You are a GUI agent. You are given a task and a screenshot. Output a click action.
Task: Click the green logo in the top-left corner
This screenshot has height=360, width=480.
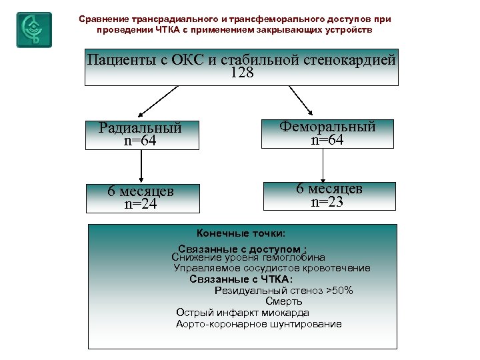pos(33,29)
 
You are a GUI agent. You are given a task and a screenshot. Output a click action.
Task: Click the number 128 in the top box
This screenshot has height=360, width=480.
pos(241,74)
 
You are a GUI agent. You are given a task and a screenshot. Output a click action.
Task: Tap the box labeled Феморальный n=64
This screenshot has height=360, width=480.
pos(327,133)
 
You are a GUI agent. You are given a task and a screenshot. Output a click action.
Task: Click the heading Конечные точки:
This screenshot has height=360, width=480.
pos(241,233)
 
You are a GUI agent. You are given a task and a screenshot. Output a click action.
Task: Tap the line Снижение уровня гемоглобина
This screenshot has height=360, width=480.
pos(248,257)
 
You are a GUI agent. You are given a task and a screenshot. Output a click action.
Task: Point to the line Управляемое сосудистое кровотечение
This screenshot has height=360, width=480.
pos(272,268)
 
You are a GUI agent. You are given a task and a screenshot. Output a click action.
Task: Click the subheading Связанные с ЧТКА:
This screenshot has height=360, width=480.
pos(241,279)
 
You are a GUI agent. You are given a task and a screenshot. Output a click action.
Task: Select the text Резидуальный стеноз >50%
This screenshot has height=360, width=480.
pos(283,291)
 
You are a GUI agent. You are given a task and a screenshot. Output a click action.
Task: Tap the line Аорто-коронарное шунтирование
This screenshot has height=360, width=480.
pos(259,324)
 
